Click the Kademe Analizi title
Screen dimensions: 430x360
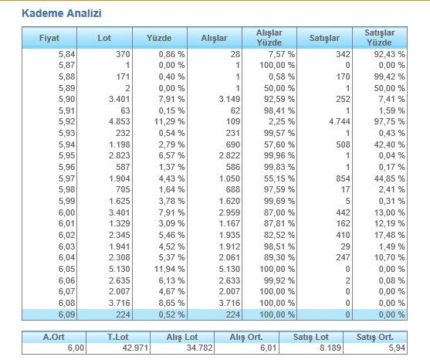pyautogui.click(x=62, y=13)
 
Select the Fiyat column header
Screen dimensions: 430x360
pyautogui.click(x=49, y=38)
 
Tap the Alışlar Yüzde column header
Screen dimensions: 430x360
pyautogui.click(x=269, y=38)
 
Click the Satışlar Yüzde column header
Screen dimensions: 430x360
pyautogui.click(x=380, y=38)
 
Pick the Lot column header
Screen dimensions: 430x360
pyautogui.click(x=104, y=38)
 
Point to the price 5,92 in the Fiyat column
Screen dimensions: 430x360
pyautogui.click(x=66, y=121)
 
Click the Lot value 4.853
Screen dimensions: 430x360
pyautogui.click(x=120, y=121)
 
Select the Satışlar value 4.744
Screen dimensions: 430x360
pyautogui.click(x=340, y=121)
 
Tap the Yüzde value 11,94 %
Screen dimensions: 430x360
pyautogui.click(x=170, y=269)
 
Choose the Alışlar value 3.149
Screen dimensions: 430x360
pyautogui.click(x=229, y=99)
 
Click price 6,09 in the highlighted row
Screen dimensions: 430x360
pyautogui.click(x=66, y=314)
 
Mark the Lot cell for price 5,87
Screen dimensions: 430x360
pyautogui.click(x=127, y=66)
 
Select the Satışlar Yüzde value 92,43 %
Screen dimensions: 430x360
pyautogui.click(x=389, y=54)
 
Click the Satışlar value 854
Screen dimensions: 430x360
pyautogui.click(x=343, y=178)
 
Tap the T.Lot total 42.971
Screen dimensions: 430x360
pyautogui.click(x=135, y=348)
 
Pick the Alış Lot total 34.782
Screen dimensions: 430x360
pyautogui.click(x=200, y=348)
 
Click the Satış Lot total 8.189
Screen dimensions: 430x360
pyautogui.click(x=330, y=348)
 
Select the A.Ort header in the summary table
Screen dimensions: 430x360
pyautogui.click(x=54, y=337)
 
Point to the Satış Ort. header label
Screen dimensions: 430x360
pyautogui.click(x=375, y=337)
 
